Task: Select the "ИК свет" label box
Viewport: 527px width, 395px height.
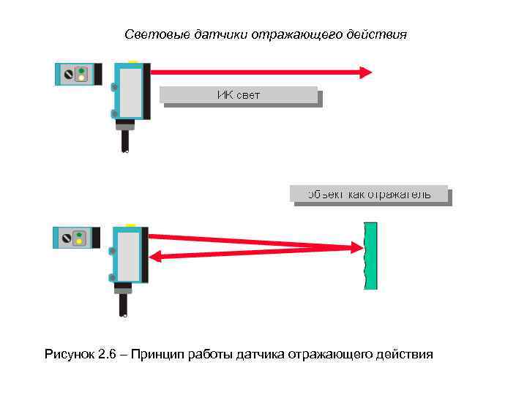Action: [x=239, y=95]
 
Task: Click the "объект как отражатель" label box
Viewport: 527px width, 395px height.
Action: [x=368, y=194]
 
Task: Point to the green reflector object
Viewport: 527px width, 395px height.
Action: [x=370, y=255]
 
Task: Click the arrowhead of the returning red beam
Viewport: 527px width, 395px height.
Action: [x=156, y=256]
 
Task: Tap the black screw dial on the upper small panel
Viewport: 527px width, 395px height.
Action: [x=67, y=75]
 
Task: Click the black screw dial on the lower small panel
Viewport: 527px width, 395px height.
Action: [x=67, y=238]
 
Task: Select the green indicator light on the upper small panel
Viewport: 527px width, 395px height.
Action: [x=81, y=71]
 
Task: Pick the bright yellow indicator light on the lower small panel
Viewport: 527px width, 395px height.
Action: [x=81, y=241]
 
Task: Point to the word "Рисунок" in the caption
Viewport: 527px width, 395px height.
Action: [x=70, y=355]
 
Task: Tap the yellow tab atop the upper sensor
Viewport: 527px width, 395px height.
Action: [x=132, y=61]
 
